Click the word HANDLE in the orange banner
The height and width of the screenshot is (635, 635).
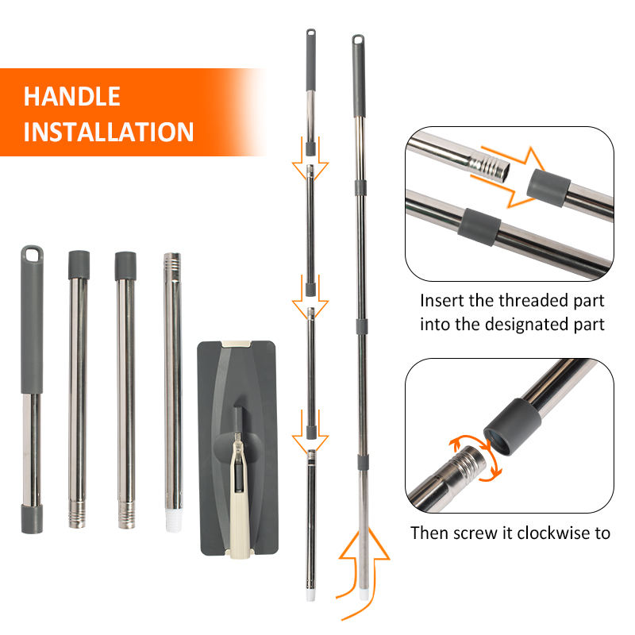pos(72,96)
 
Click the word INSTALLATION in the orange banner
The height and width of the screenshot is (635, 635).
pos(109,132)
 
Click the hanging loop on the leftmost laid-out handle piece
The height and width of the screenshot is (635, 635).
pos(32,254)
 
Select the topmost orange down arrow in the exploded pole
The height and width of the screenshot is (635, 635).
pos(310,159)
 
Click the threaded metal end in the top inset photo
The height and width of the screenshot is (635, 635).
pos(489,166)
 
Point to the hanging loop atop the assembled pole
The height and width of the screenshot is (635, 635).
pos(358,40)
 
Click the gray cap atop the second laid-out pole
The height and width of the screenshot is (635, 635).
pos(79,264)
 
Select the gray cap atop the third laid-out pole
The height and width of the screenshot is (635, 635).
pos(125,266)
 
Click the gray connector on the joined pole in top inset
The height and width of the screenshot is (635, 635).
pos(479,227)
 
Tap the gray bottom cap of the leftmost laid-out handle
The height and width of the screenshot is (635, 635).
pos(32,518)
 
